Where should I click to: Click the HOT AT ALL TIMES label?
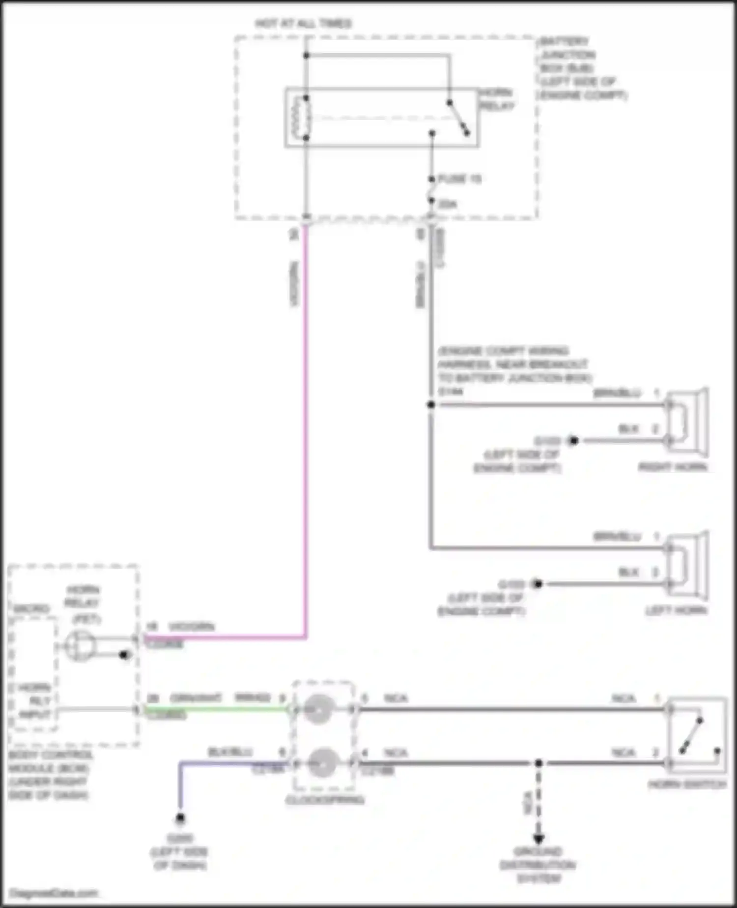(x=303, y=24)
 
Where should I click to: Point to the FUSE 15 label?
(x=459, y=179)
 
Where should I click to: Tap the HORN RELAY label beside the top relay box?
(x=496, y=99)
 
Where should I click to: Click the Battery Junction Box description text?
(x=582, y=68)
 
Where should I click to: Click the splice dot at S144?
(x=431, y=405)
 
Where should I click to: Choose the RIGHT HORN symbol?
(x=688, y=423)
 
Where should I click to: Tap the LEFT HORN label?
(x=676, y=610)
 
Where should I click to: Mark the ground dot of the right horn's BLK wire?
(x=573, y=441)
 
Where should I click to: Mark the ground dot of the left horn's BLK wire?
(x=538, y=584)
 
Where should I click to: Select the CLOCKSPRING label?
(x=325, y=800)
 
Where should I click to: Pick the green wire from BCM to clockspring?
(x=216, y=709)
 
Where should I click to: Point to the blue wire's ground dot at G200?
(x=180, y=818)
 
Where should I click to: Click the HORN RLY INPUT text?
(x=34, y=701)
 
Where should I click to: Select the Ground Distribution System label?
(x=538, y=865)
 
